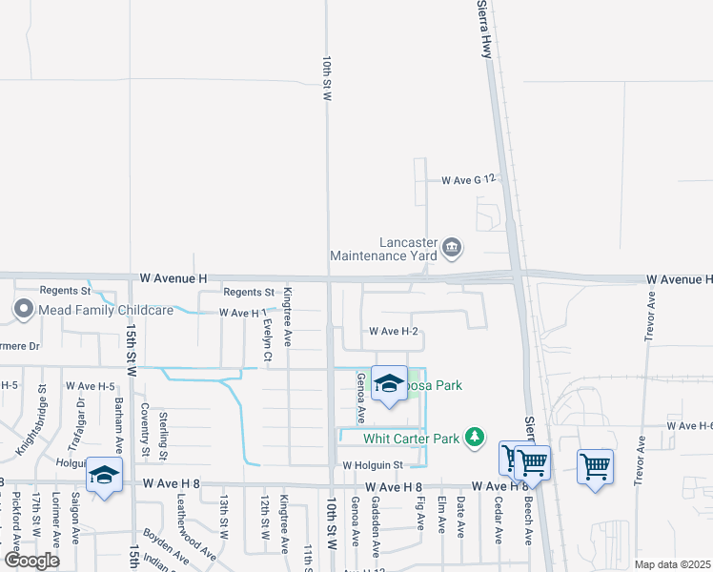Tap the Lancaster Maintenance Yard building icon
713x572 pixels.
click(452, 250)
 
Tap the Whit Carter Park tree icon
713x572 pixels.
click(474, 438)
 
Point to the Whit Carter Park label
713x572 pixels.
click(411, 439)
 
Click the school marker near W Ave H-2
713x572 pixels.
click(389, 383)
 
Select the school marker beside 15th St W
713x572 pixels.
click(105, 476)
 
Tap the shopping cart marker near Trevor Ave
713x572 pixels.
click(595, 467)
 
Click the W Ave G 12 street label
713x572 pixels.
click(469, 179)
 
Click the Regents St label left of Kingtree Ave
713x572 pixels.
click(249, 292)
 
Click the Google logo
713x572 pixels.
click(31, 561)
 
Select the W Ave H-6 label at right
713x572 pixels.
click(689, 425)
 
